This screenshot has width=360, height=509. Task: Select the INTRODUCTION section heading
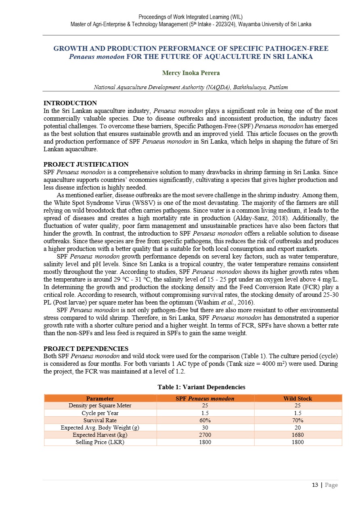(x=70, y=103)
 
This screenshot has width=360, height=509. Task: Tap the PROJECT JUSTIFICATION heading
(x=86, y=165)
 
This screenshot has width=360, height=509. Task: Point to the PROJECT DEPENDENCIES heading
(x=86, y=348)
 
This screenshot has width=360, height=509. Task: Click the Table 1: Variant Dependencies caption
(x=201, y=387)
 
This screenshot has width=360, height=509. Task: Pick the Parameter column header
(x=100, y=398)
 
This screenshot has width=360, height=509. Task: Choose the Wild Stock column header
(x=297, y=398)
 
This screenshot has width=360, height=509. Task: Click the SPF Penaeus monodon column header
(x=205, y=398)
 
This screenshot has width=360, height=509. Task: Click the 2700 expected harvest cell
(x=205, y=435)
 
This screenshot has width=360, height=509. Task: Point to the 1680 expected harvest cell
(x=297, y=435)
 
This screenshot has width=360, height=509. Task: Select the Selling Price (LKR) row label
(x=100, y=442)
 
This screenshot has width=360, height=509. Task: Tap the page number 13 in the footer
(x=315, y=485)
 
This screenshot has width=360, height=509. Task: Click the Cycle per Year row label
(x=100, y=413)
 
